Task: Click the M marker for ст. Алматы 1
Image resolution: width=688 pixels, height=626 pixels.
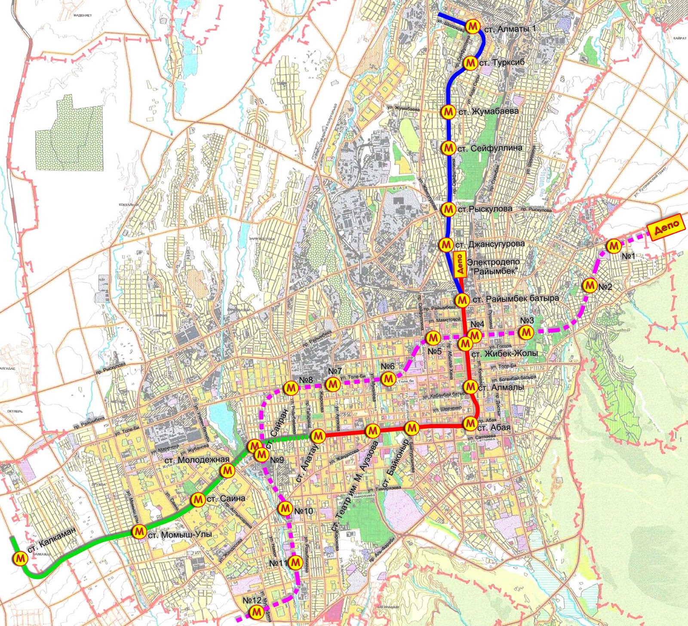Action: pos(473,27)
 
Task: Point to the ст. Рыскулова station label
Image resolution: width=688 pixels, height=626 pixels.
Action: pos(485,209)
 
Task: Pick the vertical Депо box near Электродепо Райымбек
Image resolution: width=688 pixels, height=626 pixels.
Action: pos(459,265)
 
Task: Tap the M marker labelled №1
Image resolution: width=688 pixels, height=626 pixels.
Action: pos(614,246)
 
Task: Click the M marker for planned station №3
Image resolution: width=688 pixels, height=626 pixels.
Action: pos(526,332)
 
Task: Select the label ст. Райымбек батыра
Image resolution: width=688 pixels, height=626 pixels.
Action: pos(516,299)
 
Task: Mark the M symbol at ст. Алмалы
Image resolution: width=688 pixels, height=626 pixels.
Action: pos(471,386)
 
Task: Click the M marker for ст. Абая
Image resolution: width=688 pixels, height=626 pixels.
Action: pos(470,423)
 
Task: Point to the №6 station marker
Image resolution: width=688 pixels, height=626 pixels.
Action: pos(388,378)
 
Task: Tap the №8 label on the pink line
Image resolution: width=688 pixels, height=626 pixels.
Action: pos(306,380)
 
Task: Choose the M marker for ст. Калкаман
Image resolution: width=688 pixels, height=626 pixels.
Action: pos(20,558)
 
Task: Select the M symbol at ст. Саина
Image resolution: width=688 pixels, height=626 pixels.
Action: pos(198,500)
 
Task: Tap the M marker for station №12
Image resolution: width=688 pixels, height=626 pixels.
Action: pos(257,611)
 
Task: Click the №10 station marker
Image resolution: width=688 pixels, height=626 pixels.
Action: pos(285,508)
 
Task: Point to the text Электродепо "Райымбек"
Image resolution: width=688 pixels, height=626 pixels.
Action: pos(493,267)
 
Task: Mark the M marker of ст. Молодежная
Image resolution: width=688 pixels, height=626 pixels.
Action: pos(227,471)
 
